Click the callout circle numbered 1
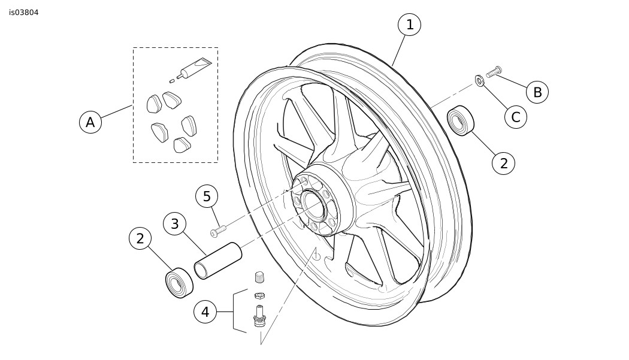pyautogui.click(x=409, y=25)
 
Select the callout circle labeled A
pyautogui.click(x=90, y=122)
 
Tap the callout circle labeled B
pyautogui.click(x=537, y=92)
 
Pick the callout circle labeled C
pyautogui.click(x=515, y=117)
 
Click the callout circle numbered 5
pyautogui.click(x=207, y=196)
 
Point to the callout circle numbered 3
pyautogui.click(x=174, y=224)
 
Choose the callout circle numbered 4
pyautogui.click(x=205, y=312)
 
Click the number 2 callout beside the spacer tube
pyautogui.click(x=140, y=239)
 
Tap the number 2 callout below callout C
pyautogui.click(x=503, y=163)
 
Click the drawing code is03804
pyautogui.click(x=24, y=13)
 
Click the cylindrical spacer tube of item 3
pyautogui.click(x=218, y=261)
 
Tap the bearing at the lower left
pyautogui.click(x=179, y=283)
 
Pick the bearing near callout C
pyautogui.click(x=461, y=121)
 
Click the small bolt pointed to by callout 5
pyautogui.click(x=218, y=231)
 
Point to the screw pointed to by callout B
pyautogui.click(x=494, y=72)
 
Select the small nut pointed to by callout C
pyautogui.click(x=479, y=81)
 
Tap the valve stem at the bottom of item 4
pyautogui.click(x=260, y=316)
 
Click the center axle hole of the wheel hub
pyautogui.click(x=312, y=203)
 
